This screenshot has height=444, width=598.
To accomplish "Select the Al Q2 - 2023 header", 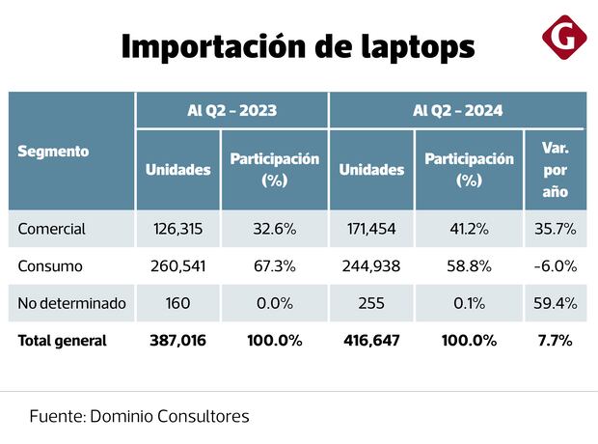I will pos(231,110).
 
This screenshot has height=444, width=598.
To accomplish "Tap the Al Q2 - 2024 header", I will pos(457,110).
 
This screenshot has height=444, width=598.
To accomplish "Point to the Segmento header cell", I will pos(54,151).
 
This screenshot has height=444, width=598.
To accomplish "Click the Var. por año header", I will pos(555,170).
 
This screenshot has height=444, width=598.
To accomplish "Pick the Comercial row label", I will pos(52,229).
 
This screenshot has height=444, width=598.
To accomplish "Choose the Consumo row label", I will pos(50,265).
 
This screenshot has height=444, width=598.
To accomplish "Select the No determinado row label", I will pos(72,303).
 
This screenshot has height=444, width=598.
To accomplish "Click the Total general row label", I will pos(63,340).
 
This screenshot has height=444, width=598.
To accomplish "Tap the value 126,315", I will pos(178,229).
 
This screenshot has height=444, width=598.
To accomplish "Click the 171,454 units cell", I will pos(371,229).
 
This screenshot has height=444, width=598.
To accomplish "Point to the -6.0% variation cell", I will pos(555,265).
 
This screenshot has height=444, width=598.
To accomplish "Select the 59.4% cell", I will pos(555,303).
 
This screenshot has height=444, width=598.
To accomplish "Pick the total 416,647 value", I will pos(371,340).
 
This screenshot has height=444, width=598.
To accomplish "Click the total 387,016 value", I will pos(178,340).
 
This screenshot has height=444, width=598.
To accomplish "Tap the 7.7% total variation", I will pos(555,340).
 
